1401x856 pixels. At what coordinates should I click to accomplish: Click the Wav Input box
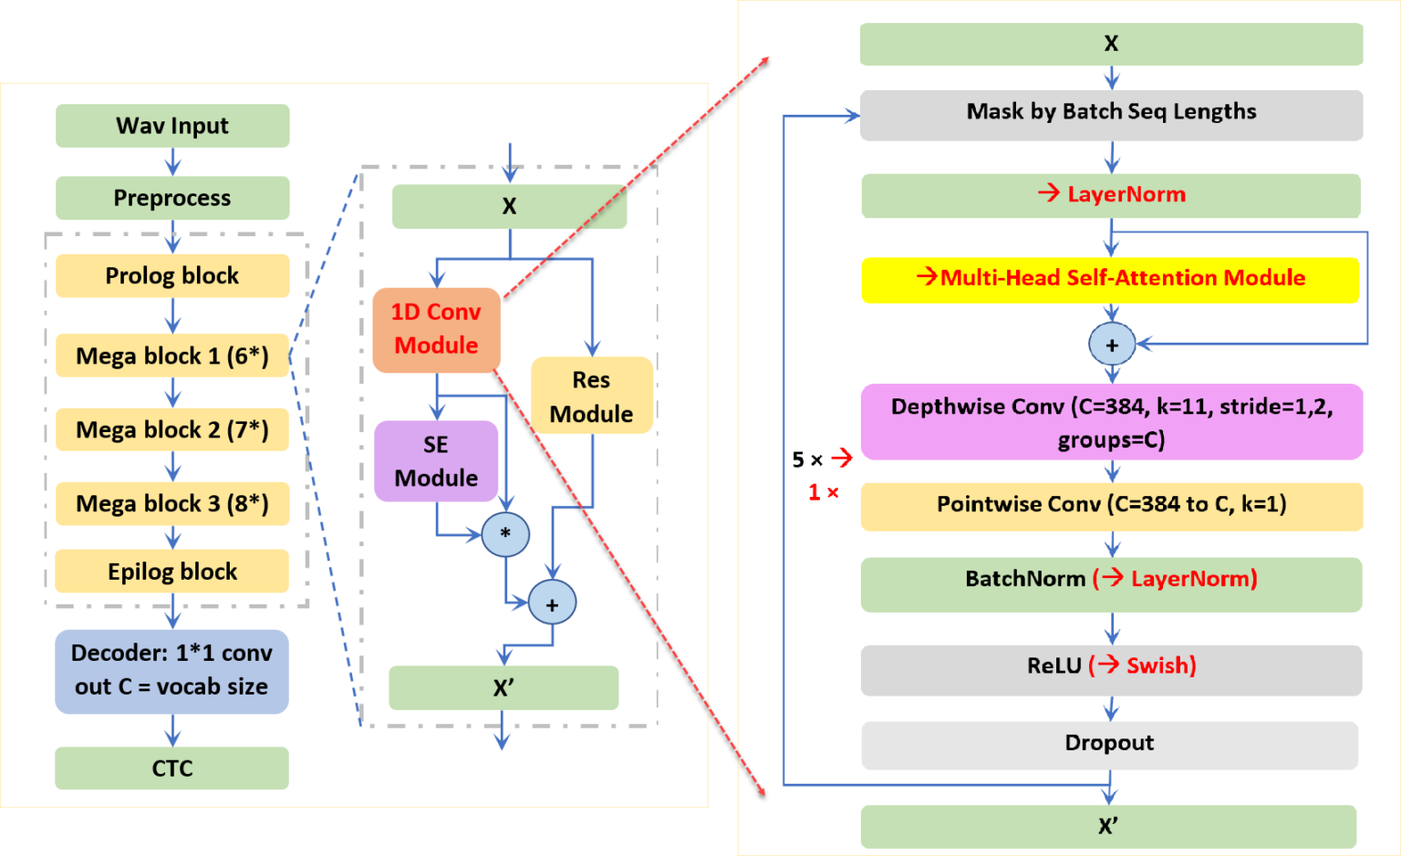click(x=172, y=126)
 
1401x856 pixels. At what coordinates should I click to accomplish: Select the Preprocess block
click(x=172, y=198)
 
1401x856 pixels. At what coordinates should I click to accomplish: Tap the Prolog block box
click(x=172, y=275)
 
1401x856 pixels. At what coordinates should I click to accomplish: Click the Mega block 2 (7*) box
click(x=172, y=429)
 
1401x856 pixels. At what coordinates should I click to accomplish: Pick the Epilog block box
click(x=172, y=572)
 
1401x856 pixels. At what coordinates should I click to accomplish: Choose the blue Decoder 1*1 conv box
click(x=171, y=671)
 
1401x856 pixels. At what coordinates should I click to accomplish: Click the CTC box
click(x=171, y=768)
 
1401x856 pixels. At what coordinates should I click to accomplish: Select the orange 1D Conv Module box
click(x=436, y=329)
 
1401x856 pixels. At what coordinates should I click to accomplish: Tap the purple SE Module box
click(x=436, y=461)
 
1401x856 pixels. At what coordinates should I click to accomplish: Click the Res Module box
click(x=592, y=396)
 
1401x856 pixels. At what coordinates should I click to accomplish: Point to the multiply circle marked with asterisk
click(x=505, y=534)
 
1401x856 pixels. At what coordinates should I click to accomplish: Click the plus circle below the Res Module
click(x=552, y=604)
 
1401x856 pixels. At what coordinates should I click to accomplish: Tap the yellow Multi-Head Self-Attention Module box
click(x=1110, y=279)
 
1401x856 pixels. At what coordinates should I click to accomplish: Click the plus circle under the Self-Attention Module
click(x=1112, y=345)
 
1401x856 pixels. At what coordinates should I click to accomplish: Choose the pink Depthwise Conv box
click(x=1112, y=422)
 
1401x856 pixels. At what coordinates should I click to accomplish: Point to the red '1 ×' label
click(x=823, y=492)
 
